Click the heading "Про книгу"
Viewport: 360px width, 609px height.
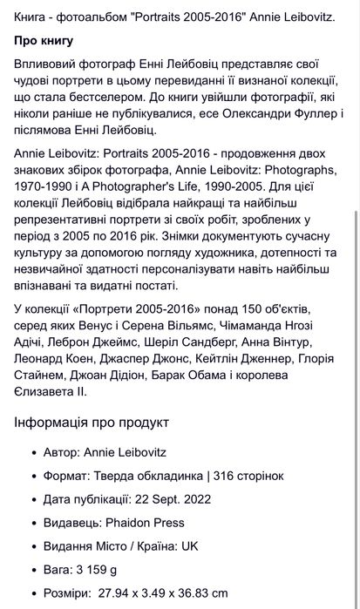44,41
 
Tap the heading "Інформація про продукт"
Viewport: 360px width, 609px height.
92,423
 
